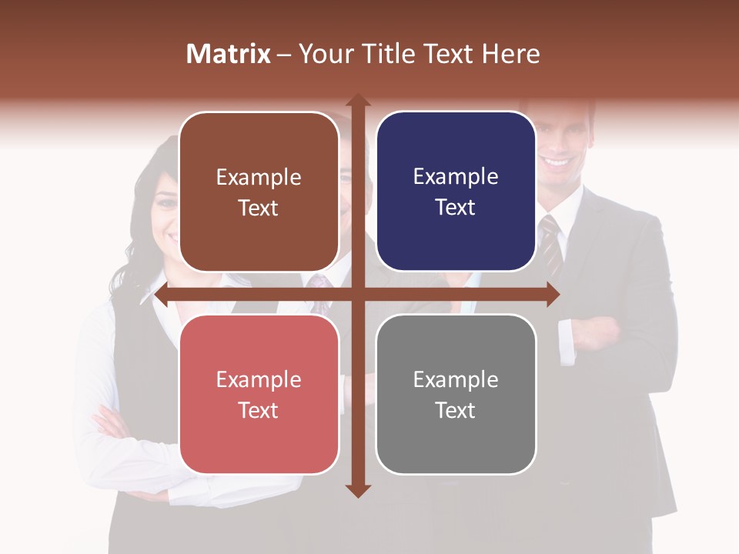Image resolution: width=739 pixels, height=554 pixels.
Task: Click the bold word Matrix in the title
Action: [x=229, y=54]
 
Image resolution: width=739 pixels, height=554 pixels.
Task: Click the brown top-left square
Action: [x=259, y=192]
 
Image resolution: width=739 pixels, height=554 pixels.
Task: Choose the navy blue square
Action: [x=456, y=192]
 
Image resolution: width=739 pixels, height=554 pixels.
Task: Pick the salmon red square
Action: [x=259, y=394]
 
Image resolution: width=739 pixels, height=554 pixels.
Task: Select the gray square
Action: [x=456, y=394]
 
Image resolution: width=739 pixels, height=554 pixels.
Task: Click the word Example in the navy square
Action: [x=456, y=177]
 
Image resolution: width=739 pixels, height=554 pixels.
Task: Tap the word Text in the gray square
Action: [x=456, y=410]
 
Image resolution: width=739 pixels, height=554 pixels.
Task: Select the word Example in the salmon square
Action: [x=259, y=379]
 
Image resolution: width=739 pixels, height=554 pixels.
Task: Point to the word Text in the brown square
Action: [x=259, y=209]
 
